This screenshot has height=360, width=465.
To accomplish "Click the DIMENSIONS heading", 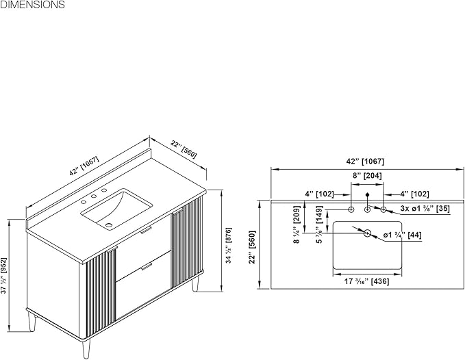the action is (32, 5).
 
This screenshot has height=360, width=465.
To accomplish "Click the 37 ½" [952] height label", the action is (4, 276).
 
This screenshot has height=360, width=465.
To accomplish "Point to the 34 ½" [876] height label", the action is (229, 246).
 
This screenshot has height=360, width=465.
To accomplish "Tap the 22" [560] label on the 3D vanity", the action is (184, 150).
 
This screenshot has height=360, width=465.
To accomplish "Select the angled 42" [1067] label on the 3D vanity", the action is (84, 166).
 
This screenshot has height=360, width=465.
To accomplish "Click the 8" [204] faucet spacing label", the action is (367, 176).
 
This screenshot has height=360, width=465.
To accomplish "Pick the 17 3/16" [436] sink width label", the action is (367, 281).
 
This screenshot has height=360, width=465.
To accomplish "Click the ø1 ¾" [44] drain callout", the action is (402, 235).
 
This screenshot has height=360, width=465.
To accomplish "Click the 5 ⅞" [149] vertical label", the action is (319, 225).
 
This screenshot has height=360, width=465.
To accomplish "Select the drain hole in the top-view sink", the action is (368, 233).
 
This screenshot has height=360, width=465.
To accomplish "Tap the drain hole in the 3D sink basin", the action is (109, 225).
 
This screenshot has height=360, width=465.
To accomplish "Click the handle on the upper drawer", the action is (146, 230).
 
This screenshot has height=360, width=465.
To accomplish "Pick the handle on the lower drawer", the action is (146, 267).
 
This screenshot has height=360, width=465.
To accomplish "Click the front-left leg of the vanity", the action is (86, 349).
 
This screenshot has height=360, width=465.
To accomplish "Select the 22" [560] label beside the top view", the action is (252, 247).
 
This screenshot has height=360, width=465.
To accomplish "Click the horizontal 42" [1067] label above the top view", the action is (365, 162).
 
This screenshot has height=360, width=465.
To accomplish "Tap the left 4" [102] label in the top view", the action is (319, 194).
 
